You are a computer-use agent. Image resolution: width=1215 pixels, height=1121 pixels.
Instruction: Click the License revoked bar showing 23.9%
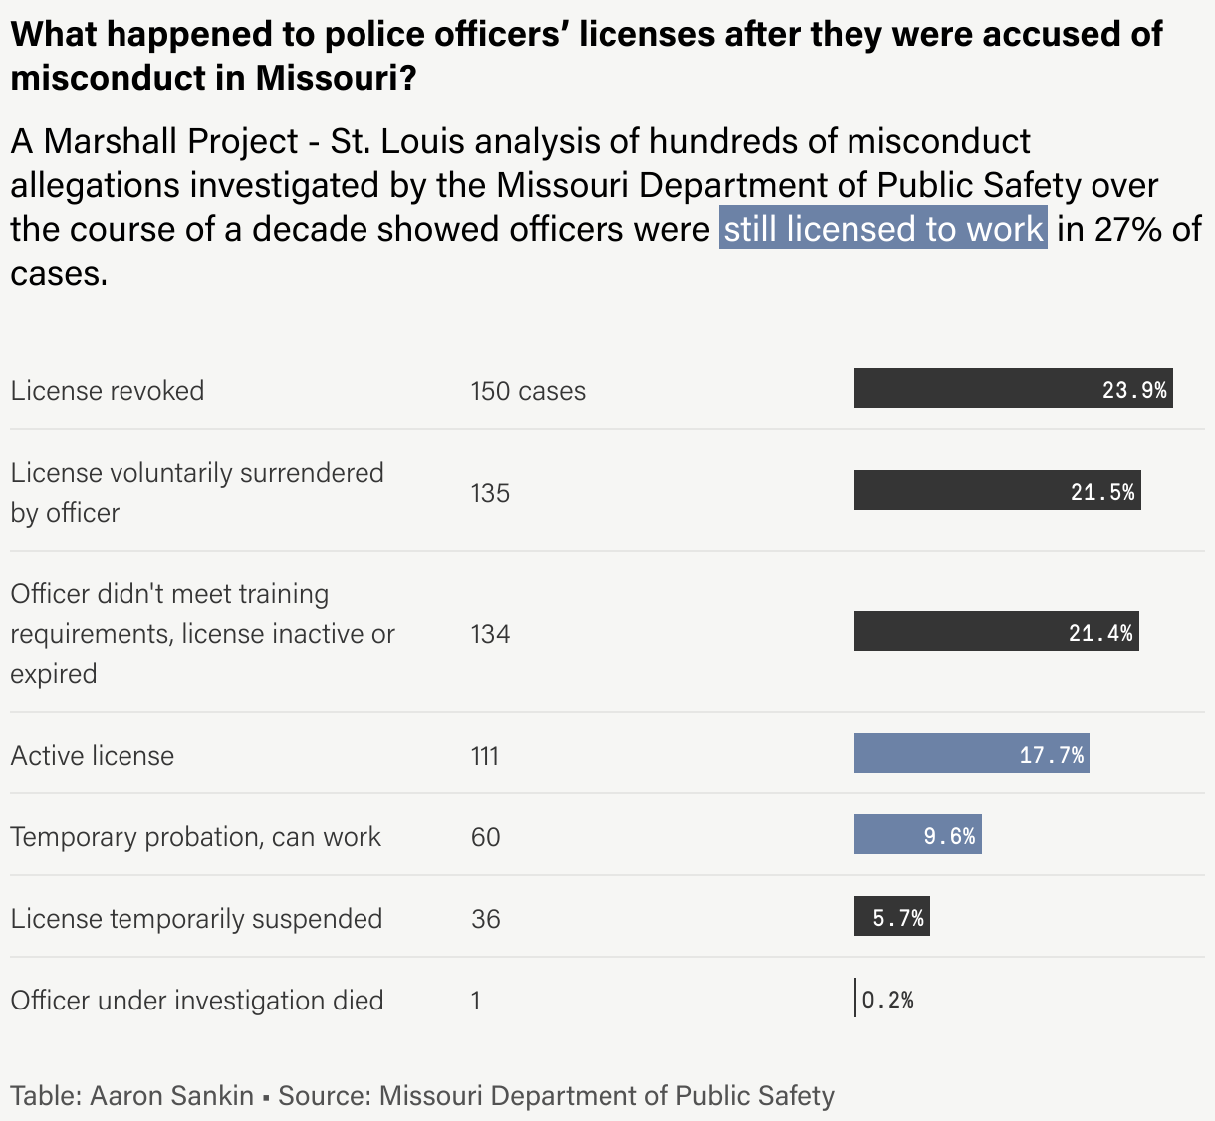1013,389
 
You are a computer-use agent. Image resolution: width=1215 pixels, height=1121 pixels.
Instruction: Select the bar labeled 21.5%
997,491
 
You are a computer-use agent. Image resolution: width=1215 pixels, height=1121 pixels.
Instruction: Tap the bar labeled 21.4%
996,632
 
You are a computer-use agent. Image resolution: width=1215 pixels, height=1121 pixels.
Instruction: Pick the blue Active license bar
971,754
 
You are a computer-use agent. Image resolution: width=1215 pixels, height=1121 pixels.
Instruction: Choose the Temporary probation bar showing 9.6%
917,835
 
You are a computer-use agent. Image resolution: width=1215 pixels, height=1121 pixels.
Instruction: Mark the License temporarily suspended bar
891,917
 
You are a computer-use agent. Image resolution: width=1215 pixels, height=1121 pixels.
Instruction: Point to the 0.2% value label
888,1000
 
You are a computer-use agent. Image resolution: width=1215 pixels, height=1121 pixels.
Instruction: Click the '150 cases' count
528,391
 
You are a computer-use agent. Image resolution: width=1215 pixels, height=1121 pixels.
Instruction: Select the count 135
490,493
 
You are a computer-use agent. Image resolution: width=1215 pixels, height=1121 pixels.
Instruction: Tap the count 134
490,634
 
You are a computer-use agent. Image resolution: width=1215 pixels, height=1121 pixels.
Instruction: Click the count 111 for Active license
485,756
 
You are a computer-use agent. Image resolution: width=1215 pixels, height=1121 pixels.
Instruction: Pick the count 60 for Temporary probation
486,837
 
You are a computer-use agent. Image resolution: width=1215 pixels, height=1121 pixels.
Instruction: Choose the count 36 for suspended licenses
486,919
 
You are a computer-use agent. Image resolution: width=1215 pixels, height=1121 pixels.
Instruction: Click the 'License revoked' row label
108,390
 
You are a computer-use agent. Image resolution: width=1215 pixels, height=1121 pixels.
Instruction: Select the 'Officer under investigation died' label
197,1000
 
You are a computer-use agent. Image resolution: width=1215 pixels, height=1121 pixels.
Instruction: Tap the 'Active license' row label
93,755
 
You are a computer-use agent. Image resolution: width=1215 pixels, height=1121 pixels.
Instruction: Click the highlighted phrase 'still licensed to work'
883,229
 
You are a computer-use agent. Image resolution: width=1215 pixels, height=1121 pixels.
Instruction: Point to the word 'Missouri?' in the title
336,78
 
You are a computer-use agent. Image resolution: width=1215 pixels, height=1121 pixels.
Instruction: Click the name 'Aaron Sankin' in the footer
172,1096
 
